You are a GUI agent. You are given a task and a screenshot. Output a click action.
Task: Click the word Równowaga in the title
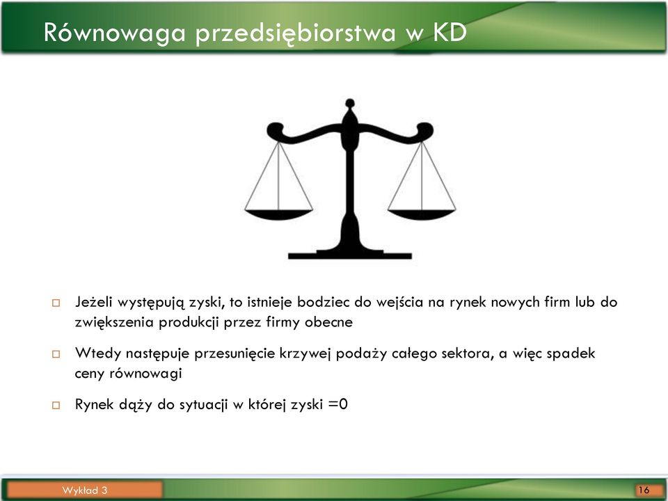[x=115, y=33]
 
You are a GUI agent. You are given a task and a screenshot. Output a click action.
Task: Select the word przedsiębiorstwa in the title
[x=296, y=33]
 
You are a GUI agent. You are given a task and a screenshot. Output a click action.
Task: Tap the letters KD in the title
[x=450, y=33]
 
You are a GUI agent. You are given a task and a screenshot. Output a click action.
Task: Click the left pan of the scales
[x=278, y=215]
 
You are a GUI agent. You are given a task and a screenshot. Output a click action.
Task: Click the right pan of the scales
[x=422, y=215]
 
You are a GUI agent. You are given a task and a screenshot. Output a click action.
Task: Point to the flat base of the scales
[x=350, y=255]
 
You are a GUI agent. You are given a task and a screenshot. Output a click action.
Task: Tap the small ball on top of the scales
[x=350, y=103]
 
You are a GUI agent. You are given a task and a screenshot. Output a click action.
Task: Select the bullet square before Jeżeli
[x=56, y=303]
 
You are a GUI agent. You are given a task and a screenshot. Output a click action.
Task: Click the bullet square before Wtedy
[x=56, y=353]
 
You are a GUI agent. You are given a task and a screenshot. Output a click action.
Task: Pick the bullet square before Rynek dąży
[x=56, y=405]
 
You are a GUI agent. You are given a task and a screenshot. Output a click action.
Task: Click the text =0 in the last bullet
[x=338, y=404]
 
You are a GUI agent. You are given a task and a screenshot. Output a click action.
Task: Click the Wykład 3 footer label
[x=85, y=490]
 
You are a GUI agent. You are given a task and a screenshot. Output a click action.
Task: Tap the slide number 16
[x=644, y=490]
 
